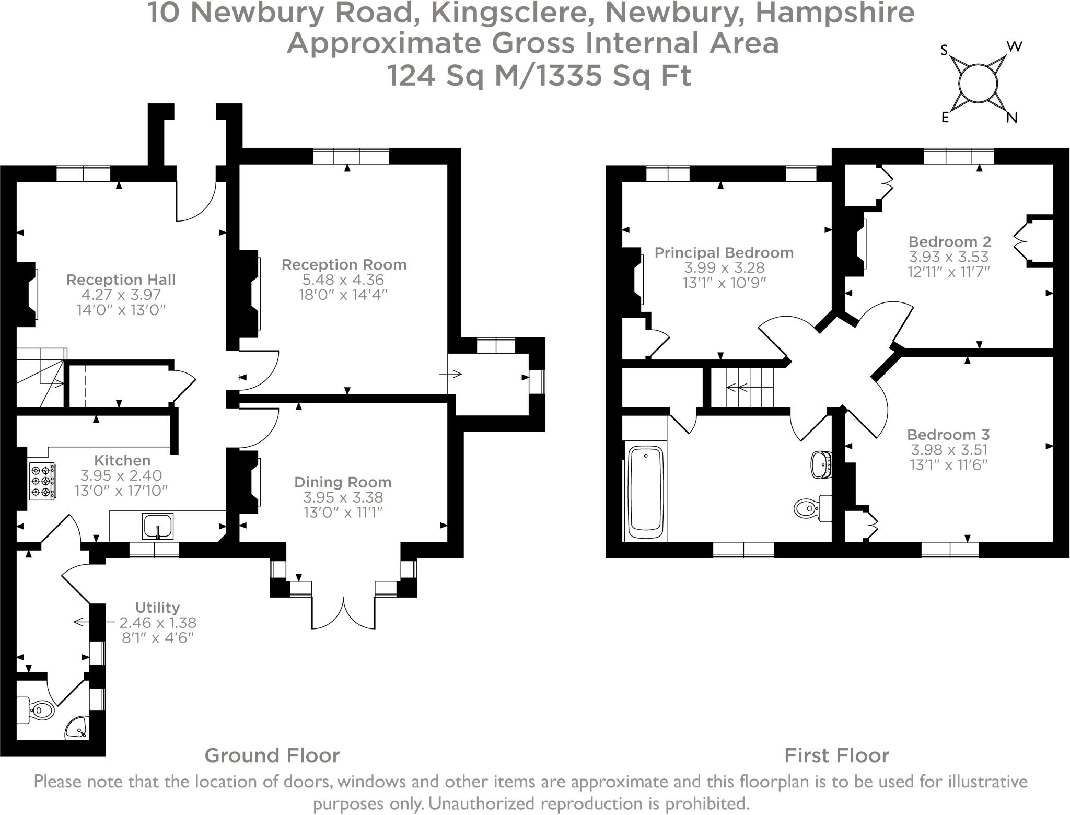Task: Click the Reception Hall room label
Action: [121, 280]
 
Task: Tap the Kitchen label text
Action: [122, 460]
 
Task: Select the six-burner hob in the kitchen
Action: [42, 481]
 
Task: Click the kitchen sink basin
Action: [157, 526]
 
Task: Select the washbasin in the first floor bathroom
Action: [820, 464]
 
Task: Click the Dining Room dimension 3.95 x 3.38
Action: [343, 497]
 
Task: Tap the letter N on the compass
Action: [1012, 118]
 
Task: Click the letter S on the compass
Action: [944, 51]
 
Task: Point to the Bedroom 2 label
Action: [949, 241]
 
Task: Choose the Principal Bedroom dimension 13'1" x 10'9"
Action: [724, 283]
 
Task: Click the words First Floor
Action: [836, 755]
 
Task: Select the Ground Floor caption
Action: [272, 755]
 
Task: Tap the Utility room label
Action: [157, 608]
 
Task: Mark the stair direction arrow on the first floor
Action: [737, 388]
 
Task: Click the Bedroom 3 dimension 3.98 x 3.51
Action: [949, 449]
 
